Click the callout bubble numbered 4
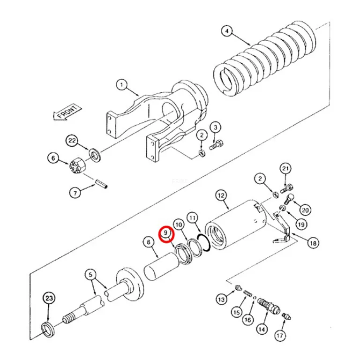(227, 31)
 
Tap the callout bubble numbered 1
(122, 85)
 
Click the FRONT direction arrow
(67, 112)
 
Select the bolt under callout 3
(216, 145)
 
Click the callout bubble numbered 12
(221, 196)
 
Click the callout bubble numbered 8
(149, 243)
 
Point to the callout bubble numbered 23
(49, 299)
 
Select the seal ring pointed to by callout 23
(48, 330)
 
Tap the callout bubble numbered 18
(313, 243)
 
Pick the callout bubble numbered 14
(262, 330)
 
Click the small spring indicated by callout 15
(247, 293)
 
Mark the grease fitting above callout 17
(287, 316)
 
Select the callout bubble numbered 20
(305, 210)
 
